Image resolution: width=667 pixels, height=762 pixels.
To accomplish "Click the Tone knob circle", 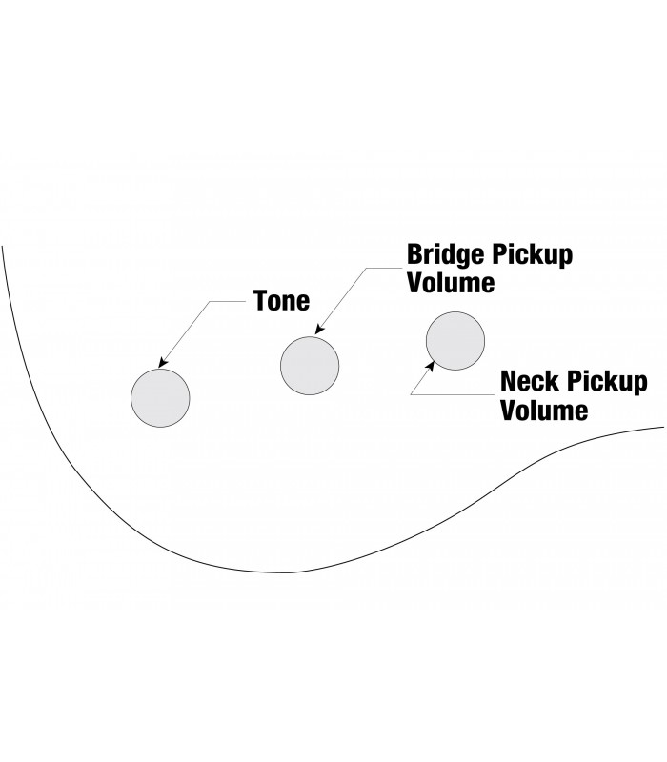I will coord(160,397).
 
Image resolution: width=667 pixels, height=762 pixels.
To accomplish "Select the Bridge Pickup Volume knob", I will coord(310,363).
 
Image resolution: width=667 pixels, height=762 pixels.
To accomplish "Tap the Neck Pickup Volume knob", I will coord(455,341).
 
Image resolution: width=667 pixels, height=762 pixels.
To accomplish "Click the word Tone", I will coord(282,301).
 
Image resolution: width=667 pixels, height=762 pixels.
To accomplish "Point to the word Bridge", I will coord(446,255).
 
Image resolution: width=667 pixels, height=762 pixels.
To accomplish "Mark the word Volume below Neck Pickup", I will coord(544,411).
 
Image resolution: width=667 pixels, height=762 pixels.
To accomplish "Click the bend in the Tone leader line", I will coord(210,301).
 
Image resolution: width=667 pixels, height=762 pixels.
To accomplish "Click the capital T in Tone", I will coord(261,301).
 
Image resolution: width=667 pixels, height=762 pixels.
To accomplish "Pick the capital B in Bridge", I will coord(415,255).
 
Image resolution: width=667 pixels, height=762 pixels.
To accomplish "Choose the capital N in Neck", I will coord(510,383).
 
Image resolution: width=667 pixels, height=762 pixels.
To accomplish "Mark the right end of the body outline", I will coord(664,426).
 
